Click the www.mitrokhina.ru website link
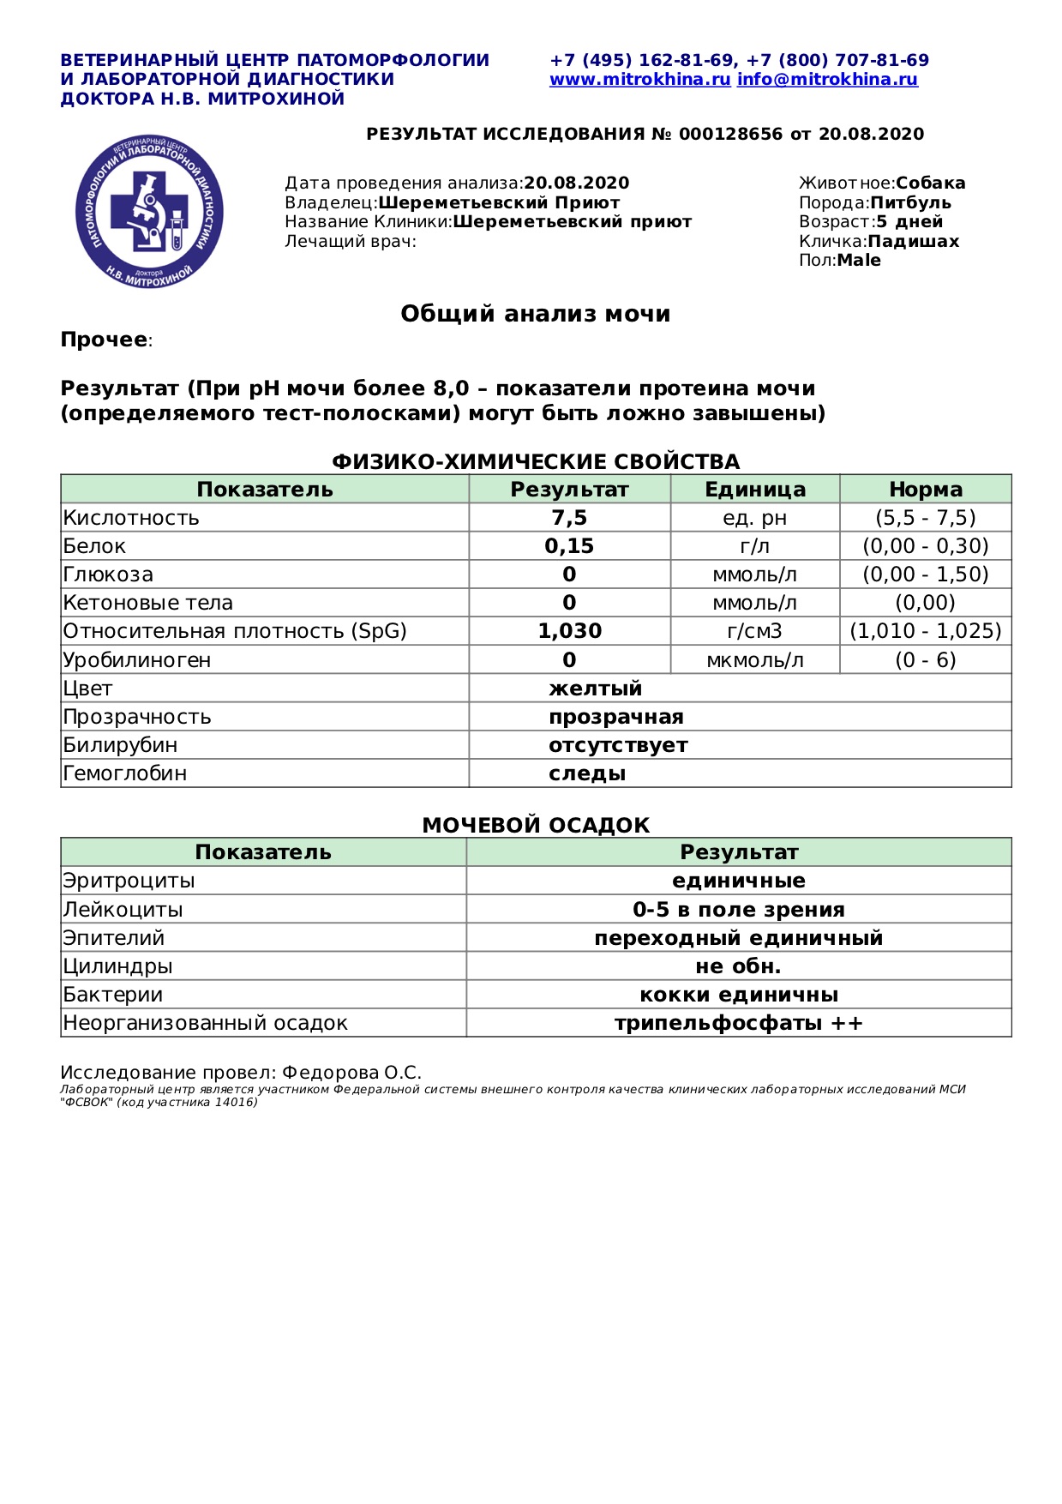tap(639, 80)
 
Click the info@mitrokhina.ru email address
tap(827, 80)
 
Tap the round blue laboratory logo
tap(149, 211)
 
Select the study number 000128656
tap(730, 134)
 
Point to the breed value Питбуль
tap(910, 203)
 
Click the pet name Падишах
tap(913, 242)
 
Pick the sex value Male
tap(859, 261)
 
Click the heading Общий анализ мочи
tap(535, 314)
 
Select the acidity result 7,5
tap(569, 518)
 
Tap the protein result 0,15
tap(569, 546)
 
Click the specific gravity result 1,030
tap(569, 631)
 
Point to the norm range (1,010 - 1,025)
tap(925, 631)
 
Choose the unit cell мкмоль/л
tap(754, 660)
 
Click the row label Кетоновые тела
tap(148, 603)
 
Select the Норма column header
tap(925, 490)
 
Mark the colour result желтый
tap(595, 689)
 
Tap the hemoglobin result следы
tap(587, 773)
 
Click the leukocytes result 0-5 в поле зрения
tap(738, 910)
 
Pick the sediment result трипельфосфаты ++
tap(738, 1023)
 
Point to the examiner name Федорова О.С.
tap(351, 1073)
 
